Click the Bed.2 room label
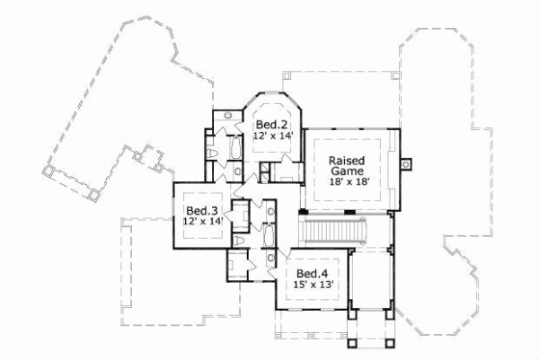click(x=270, y=124)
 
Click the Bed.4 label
click(x=311, y=273)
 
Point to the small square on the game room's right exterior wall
click(x=406, y=164)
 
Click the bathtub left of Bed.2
click(x=235, y=146)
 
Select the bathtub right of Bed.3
click(x=242, y=215)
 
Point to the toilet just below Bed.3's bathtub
click(x=238, y=240)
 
